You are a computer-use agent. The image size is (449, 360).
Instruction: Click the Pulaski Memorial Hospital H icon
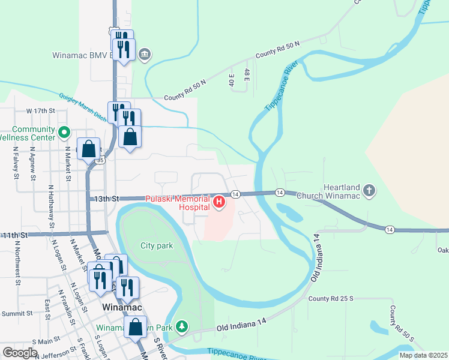[x=220, y=202]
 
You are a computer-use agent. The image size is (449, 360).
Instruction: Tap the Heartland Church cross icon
[x=369, y=191]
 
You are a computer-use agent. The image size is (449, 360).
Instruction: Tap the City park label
[x=156, y=245]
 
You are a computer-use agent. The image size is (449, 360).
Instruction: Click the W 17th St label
[x=40, y=111]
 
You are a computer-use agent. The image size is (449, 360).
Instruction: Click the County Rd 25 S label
[x=328, y=298]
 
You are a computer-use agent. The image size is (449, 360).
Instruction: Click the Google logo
[x=20, y=352]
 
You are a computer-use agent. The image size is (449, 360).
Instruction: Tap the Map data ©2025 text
[x=423, y=355]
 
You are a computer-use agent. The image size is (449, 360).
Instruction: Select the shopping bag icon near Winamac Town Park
[x=135, y=328]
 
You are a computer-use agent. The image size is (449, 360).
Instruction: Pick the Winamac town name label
[x=122, y=307]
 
